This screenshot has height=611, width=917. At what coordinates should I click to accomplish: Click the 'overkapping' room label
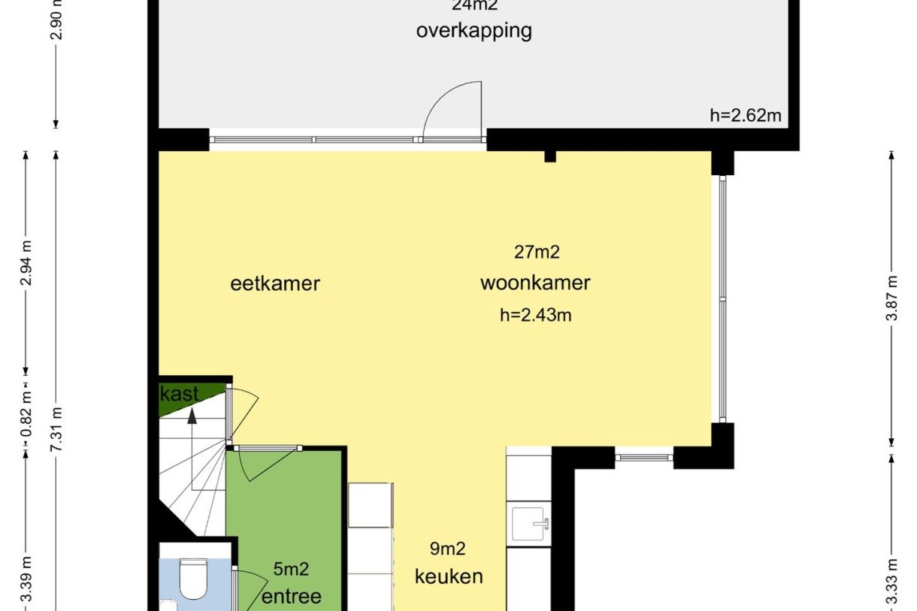click(474, 31)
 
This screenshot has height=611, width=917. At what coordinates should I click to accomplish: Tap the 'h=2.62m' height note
click(745, 115)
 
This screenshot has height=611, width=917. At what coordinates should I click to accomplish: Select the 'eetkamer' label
click(275, 283)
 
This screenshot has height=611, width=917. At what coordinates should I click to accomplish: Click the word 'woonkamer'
click(534, 283)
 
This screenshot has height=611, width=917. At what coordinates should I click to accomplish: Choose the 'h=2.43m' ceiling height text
click(535, 315)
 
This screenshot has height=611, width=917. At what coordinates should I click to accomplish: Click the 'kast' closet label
click(180, 394)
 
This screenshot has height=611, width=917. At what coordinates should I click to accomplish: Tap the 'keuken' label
click(449, 576)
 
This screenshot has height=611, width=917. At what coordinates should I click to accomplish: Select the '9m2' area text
click(447, 549)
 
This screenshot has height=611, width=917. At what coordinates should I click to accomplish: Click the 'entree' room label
click(291, 597)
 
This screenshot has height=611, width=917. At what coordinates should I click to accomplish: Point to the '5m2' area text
click(291, 570)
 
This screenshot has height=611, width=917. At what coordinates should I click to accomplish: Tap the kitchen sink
click(531, 523)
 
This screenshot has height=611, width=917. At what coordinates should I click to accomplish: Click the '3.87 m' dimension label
click(891, 298)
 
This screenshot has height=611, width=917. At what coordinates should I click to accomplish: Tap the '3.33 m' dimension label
click(891, 582)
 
